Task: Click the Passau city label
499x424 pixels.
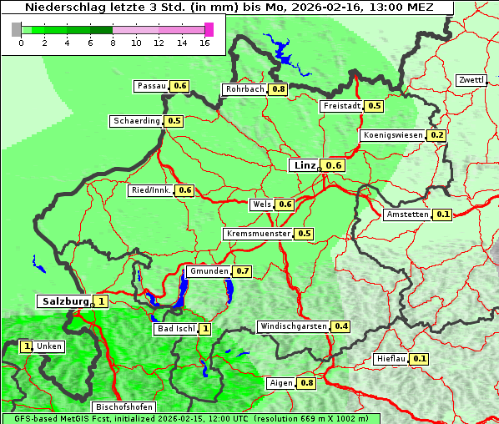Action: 151,86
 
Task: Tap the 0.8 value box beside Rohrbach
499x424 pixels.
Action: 279,89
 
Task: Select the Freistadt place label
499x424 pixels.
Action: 342,106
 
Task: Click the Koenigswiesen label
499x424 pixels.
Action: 393,135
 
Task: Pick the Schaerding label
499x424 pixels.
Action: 137,121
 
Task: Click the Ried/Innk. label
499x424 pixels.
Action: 151,190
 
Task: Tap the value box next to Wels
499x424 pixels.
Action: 285,204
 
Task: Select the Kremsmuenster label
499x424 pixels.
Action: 258,234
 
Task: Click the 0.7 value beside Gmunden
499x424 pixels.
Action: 243,271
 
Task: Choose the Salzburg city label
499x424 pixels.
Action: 63,301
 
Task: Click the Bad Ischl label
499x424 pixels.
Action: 176,329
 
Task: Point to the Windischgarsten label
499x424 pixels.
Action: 294,326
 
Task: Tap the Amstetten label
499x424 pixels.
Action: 407,215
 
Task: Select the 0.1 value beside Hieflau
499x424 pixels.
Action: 420,360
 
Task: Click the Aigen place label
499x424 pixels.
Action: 281,383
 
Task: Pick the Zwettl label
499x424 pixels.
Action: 471,80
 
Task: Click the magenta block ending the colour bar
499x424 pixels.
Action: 209,29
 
